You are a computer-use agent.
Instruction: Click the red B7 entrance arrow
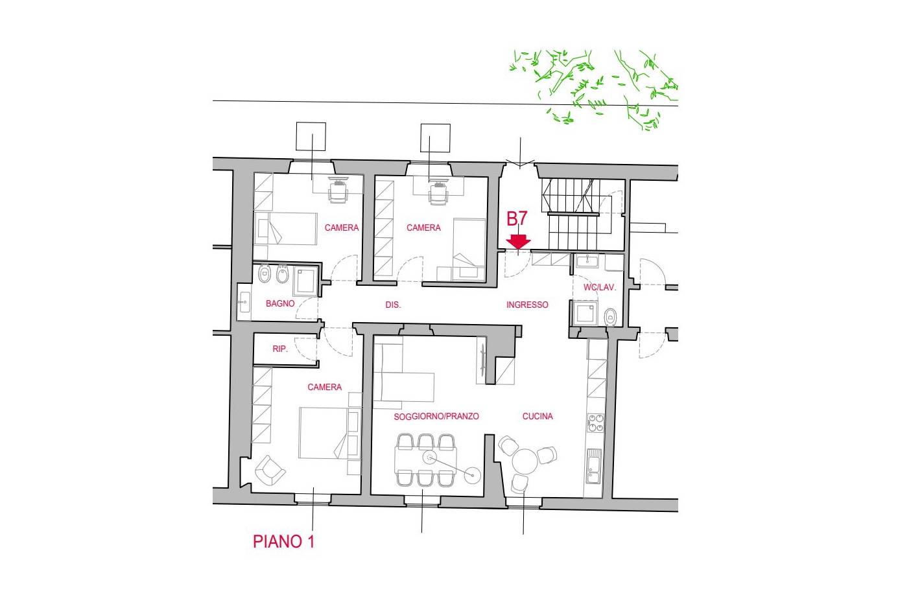(x=518, y=241)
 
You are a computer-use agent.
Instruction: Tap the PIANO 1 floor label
(x=283, y=541)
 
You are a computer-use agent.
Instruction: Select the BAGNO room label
(x=280, y=303)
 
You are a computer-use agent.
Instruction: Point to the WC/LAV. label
(x=599, y=287)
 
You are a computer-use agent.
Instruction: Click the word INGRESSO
(x=527, y=305)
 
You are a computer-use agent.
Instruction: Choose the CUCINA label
(x=538, y=416)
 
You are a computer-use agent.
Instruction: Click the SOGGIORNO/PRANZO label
(x=436, y=416)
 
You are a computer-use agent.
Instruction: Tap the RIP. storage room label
(x=280, y=349)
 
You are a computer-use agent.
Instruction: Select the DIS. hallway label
(x=393, y=305)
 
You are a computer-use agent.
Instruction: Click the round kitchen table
(x=525, y=462)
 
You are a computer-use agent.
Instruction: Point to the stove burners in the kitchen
(x=595, y=423)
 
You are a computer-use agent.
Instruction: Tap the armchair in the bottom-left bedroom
(x=270, y=471)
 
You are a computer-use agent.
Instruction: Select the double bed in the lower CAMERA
(x=324, y=433)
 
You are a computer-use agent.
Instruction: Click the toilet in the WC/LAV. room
(x=611, y=318)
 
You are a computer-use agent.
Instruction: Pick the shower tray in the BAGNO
(x=305, y=281)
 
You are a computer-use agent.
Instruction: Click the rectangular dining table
(x=425, y=459)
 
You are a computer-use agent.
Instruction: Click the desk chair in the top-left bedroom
(x=338, y=192)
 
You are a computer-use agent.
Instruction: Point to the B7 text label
(x=517, y=218)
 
